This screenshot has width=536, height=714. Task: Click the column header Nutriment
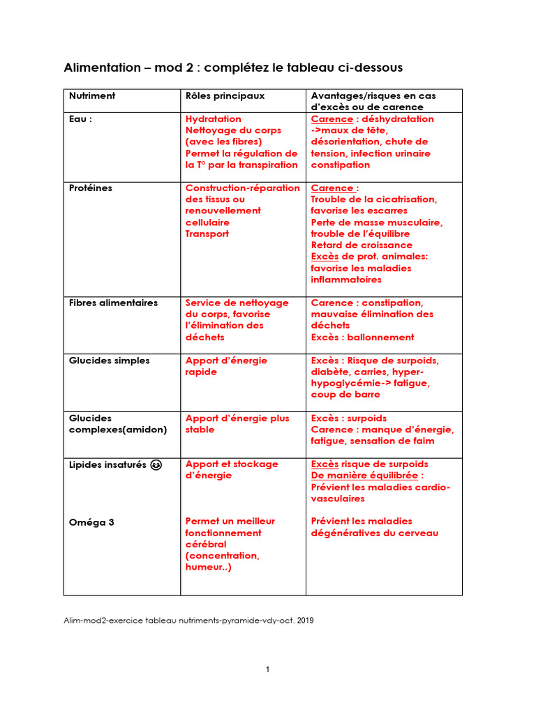coord(92,96)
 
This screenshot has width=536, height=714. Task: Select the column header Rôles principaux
coord(225,96)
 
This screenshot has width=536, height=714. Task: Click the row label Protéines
coord(91,188)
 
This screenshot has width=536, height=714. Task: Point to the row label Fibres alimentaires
coord(113,303)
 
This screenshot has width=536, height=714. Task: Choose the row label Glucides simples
coord(109,360)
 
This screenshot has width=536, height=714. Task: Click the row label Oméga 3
coord(91,522)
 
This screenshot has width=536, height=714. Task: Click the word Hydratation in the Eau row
coord(214,119)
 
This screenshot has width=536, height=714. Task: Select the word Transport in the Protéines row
coord(207,234)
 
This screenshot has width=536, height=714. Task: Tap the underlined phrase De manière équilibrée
coord(367,476)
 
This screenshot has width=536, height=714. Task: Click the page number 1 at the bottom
coord(267,670)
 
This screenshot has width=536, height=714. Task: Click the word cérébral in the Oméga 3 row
coord(205,545)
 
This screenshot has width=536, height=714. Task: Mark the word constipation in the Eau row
coord(341,165)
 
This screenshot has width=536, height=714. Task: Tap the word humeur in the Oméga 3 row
coord(203,568)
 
